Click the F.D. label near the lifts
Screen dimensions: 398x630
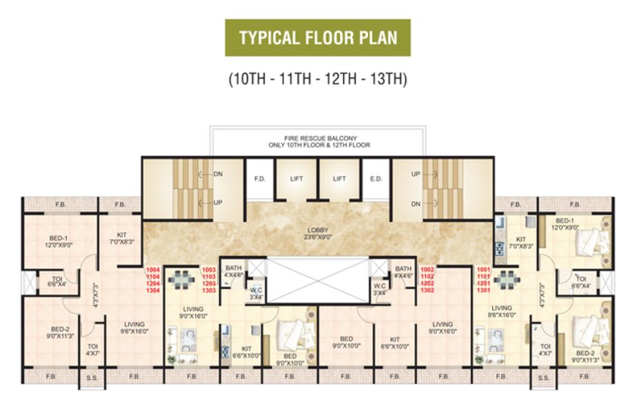point(260,178)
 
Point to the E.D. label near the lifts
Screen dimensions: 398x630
point(376,178)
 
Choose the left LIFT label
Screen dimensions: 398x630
point(296,178)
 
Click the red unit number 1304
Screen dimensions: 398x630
point(152,291)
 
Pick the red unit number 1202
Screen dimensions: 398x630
point(427,283)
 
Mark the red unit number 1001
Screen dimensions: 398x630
point(483,270)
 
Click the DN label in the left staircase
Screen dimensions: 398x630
point(218,175)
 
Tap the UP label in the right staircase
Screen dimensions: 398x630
point(416,175)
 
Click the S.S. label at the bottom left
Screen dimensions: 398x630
point(92,377)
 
